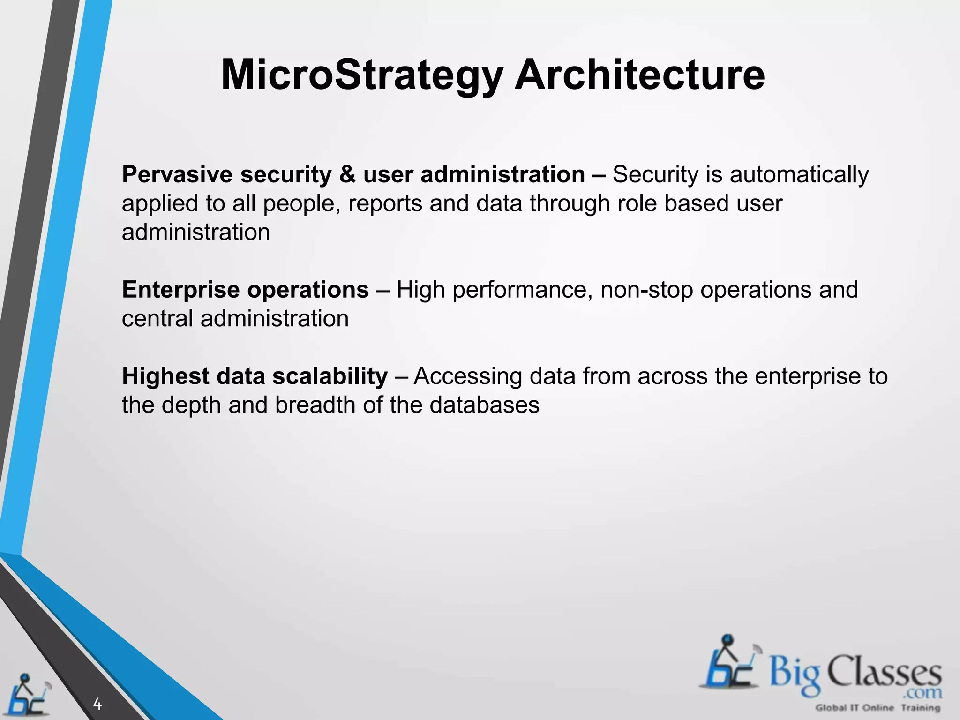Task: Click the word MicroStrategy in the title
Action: coord(362,75)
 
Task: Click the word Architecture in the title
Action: coord(639,75)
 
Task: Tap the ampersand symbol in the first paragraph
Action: coord(347,174)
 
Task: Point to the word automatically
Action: coord(799,175)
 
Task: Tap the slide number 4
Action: coord(97,704)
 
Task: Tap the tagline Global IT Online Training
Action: coord(877,708)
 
